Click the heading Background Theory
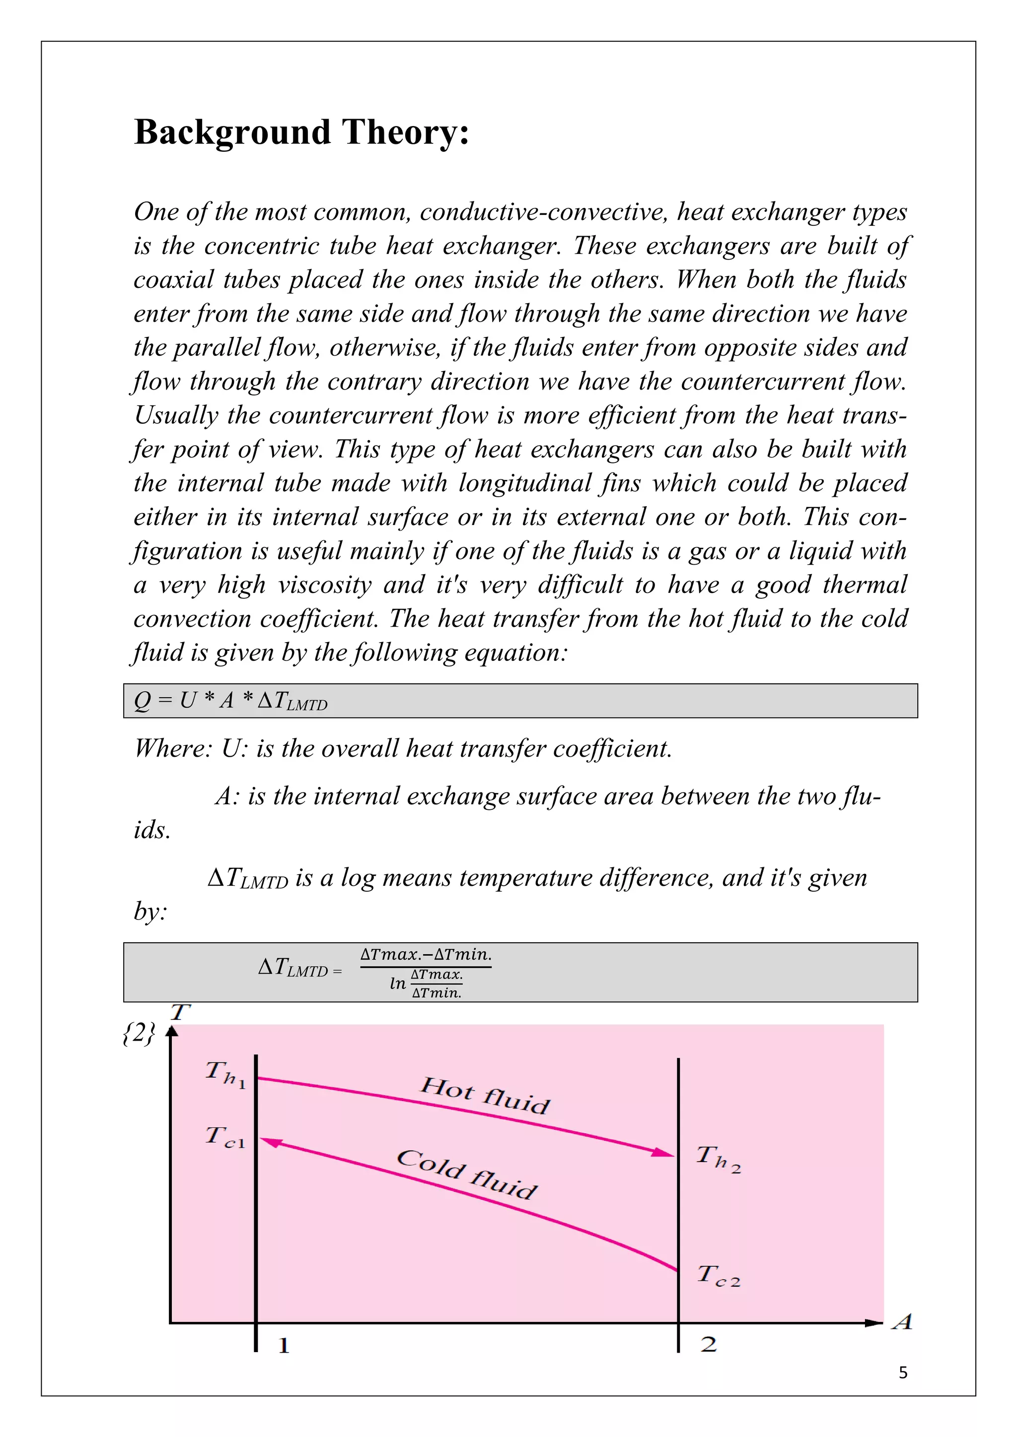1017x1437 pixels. pos(301,132)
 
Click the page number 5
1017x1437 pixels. pos(902,1372)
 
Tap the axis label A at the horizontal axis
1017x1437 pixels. pos(902,1322)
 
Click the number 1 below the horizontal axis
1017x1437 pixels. pos(284,1346)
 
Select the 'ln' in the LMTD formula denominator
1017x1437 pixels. pos(398,983)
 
